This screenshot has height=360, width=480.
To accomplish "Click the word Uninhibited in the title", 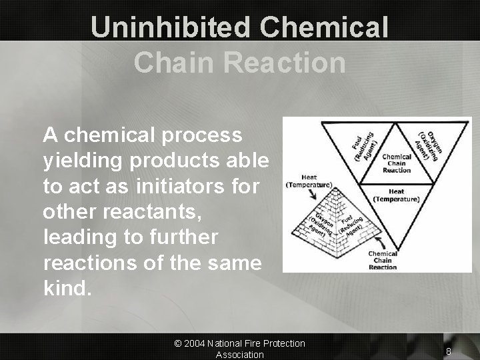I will pyautogui.click(x=168, y=27).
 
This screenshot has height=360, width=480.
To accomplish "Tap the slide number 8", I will pyautogui.click(x=449, y=351).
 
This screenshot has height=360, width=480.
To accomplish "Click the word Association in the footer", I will pyautogui.click(x=239, y=355).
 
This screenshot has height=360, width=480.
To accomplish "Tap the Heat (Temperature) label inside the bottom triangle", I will pyautogui.click(x=396, y=195).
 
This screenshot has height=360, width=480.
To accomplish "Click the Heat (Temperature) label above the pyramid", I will pyautogui.click(x=309, y=181).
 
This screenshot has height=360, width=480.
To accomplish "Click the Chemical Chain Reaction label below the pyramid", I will pyautogui.click(x=383, y=260).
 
